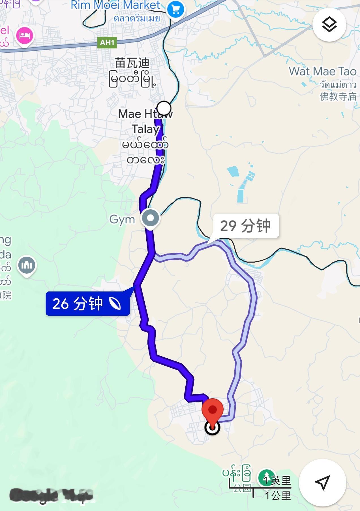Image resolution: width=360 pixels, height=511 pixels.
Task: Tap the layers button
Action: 329,25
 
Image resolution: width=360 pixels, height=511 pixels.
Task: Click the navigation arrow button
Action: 322,482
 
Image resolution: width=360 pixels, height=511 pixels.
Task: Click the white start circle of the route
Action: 164,108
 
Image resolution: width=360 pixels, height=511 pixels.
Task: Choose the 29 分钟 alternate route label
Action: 245,226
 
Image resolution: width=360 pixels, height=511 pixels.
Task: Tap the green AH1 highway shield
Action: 107,43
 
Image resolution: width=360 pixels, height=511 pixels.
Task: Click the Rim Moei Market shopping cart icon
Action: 175,10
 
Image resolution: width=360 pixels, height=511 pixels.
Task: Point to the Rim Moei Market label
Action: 115,5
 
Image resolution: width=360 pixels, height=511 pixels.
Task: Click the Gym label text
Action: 122,220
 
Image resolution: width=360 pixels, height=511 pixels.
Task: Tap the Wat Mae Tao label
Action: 322,71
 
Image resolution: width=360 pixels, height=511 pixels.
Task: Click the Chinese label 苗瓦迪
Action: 132,63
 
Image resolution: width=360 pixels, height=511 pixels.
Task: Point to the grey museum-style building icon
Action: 27,265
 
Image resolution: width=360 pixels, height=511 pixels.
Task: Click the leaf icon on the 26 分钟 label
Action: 115,304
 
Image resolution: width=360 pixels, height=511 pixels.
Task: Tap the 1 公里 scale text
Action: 278,496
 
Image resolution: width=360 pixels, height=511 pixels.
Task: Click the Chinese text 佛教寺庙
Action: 338,97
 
